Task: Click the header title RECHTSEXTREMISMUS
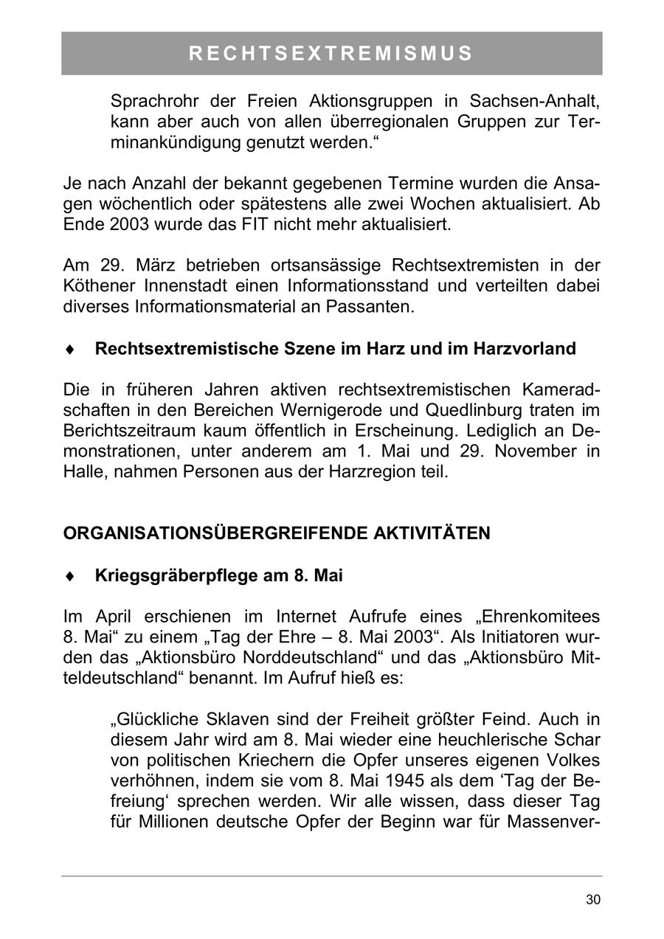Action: tap(331, 53)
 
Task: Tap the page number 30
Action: tap(592, 899)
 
